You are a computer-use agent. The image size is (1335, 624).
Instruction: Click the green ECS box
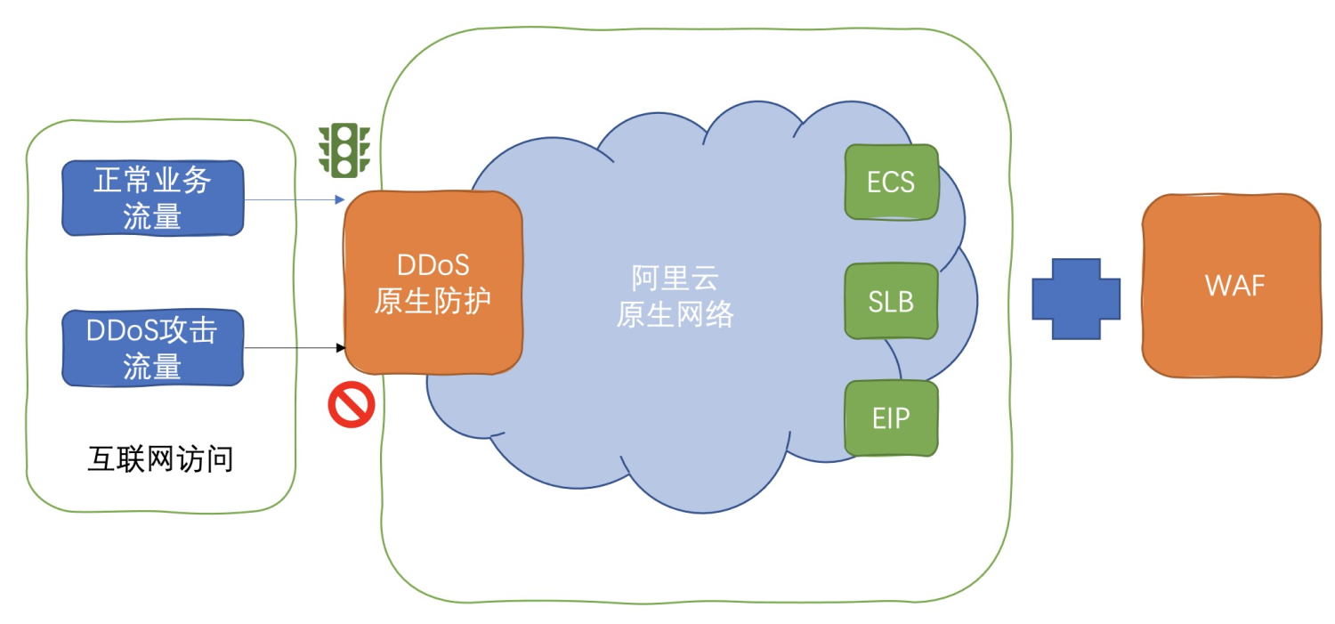pyautogui.click(x=891, y=182)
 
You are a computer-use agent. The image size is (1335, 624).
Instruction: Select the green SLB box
pyautogui.click(x=891, y=302)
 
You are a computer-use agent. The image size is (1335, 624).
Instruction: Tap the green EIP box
pyautogui.click(x=891, y=418)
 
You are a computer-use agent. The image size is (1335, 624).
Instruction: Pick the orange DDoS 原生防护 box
pyautogui.click(x=433, y=282)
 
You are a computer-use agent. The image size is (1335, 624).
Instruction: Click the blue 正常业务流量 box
pyautogui.click(x=152, y=198)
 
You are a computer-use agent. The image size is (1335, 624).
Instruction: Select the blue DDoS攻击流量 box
pyautogui.click(x=152, y=348)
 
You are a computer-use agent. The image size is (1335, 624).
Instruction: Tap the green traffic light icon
pyautogui.click(x=344, y=150)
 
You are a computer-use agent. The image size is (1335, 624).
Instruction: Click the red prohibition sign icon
pyautogui.click(x=352, y=405)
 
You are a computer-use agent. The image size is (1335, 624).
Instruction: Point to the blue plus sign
pyautogui.click(x=1075, y=299)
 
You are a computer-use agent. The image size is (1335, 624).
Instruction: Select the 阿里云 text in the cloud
pyautogui.click(x=675, y=279)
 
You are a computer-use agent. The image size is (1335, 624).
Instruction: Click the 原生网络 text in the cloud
pyautogui.click(x=675, y=315)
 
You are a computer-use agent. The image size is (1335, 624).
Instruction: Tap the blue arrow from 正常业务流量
pyautogui.click(x=294, y=199)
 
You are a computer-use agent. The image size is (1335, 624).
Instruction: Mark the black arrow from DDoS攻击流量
pyautogui.click(x=294, y=347)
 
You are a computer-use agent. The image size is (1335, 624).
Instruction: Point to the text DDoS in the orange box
pyautogui.click(x=433, y=265)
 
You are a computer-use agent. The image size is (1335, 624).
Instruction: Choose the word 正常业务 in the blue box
pyautogui.click(x=152, y=182)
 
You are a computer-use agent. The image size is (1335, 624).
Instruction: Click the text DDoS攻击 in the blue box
pyautogui.click(x=152, y=331)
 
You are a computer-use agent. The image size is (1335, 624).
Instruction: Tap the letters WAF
pyautogui.click(x=1234, y=286)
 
